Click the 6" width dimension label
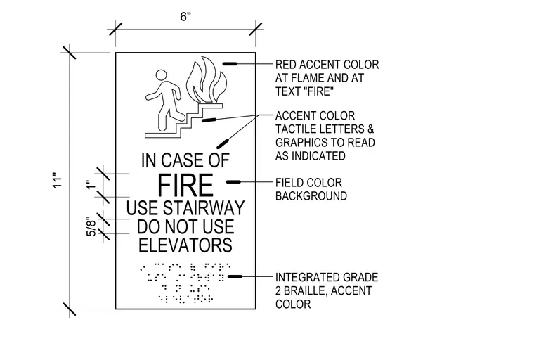coord(185,16)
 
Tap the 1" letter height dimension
coord(90,185)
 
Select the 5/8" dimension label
coord(91,226)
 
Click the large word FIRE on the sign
coord(185,185)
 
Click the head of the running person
coord(162,75)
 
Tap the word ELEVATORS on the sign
coord(185,245)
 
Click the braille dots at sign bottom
coord(185,283)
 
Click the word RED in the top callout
coord(285,65)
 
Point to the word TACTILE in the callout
coord(297,129)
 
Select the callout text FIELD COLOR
coord(308,183)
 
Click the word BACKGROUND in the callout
coord(311,196)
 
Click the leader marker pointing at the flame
coord(230,64)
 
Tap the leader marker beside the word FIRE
coord(233,182)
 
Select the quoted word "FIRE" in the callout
coord(318,91)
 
